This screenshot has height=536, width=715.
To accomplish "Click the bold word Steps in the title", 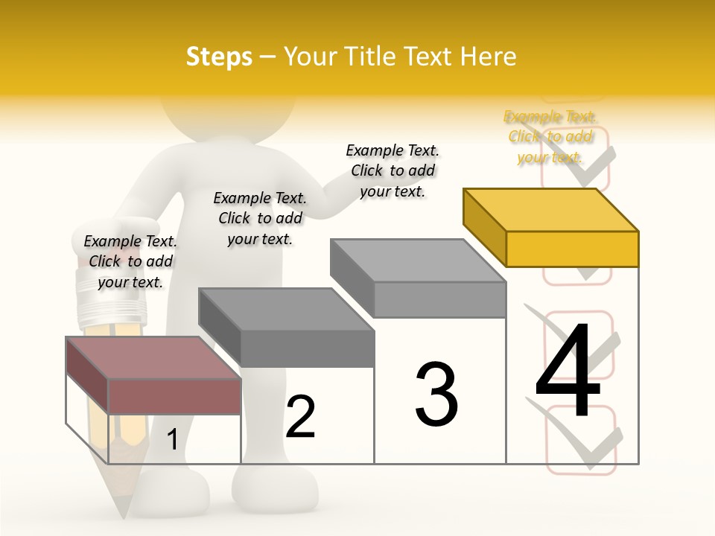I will click(218, 57).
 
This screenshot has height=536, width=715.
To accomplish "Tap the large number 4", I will click(568, 371).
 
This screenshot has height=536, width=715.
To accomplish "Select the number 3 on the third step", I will click(436, 395).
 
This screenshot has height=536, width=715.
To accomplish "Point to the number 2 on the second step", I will click(300, 417).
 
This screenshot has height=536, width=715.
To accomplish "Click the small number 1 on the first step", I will click(172, 439).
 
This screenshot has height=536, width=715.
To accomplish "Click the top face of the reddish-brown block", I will click(153, 358).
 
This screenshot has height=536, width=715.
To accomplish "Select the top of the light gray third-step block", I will click(418, 261).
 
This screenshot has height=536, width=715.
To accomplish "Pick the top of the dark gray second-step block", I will click(286, 309).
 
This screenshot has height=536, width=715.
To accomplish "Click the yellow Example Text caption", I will click(550, 137).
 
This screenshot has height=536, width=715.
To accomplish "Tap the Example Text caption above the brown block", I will click(130, 261).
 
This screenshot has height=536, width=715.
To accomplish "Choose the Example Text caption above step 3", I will click(393, 170).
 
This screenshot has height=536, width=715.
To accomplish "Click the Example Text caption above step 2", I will click(260, 218).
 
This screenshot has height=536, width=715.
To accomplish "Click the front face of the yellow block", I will click(572, 249).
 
